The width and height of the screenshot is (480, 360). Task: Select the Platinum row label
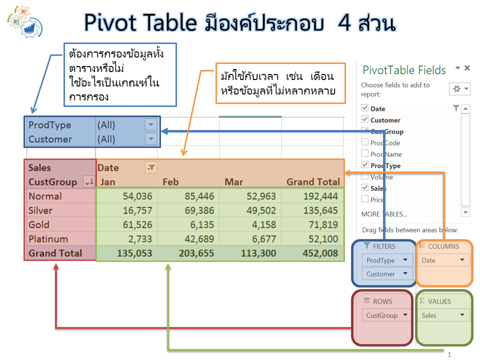[x=48, y=239]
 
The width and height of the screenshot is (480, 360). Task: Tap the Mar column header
[x=234, y=182]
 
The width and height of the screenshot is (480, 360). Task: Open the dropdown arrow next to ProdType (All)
[x=150, y=124]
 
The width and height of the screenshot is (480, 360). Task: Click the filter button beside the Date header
[x=151, y=168]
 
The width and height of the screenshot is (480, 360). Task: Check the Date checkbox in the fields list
[x=364, y=108]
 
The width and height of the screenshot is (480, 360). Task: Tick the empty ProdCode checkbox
[x=364, y=142]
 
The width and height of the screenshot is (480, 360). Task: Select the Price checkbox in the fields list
[x=364, y=199]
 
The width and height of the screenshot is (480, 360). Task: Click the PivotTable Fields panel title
[x=404, y=70]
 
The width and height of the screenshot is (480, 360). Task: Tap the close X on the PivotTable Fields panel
[x=467, y=68]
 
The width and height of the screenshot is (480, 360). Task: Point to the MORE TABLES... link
[x=384, y=214]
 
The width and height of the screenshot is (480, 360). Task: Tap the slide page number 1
[x=449, y=354]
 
